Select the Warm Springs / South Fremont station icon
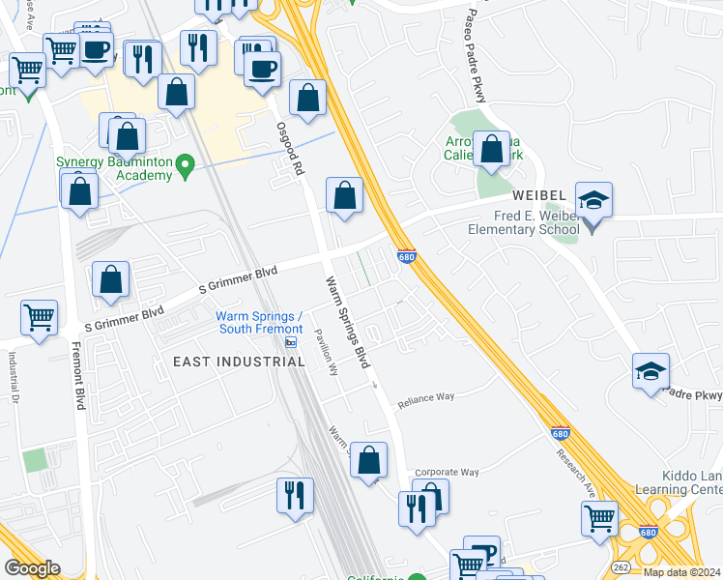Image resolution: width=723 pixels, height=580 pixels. point(291,342)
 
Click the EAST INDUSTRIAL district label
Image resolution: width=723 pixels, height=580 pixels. point(239,362)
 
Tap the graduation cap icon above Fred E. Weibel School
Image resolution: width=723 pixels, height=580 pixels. point(593,200)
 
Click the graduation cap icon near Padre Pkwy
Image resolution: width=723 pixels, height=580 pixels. point(651,371)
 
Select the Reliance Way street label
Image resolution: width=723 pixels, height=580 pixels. point(426,396)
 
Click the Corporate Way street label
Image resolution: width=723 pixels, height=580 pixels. point(449,472)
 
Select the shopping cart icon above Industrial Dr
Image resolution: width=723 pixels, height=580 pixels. point(40,317)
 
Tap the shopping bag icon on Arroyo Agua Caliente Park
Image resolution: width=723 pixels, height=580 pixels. point(491,150)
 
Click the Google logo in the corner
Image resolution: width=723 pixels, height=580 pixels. point(33,568)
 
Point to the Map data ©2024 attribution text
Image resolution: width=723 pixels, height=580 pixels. point(681,572)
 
